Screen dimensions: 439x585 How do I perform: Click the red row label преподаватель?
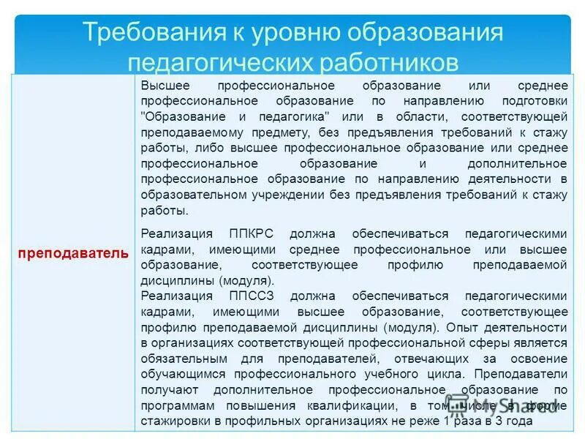(x=73, y=252)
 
